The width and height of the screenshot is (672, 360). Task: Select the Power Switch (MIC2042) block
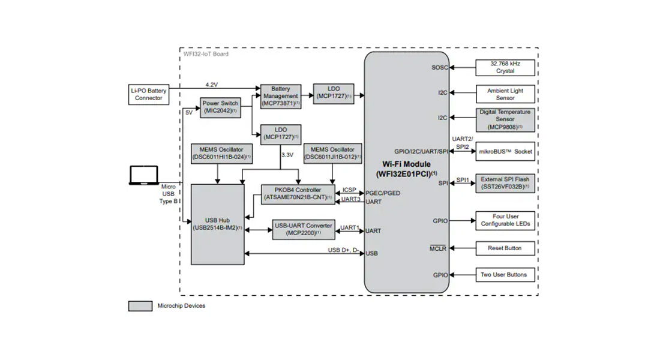pos(220,107)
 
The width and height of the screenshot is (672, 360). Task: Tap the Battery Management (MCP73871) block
pos(280,96)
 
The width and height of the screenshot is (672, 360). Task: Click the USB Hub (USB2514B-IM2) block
pos(217,224)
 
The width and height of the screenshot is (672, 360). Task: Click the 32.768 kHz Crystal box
pos(505,67)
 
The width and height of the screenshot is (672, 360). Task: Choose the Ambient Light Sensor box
pos(505,94)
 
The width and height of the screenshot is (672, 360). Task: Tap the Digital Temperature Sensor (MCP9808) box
pos(505,119)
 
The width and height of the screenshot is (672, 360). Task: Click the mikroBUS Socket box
pos(505,152)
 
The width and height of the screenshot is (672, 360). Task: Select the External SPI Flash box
pos(505,183)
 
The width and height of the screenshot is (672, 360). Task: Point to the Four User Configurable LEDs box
pos(505,220)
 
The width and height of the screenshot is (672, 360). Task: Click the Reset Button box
pos(505,248)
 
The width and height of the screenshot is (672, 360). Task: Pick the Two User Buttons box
pos(505,275)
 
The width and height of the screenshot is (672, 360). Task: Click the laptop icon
pos(144,176)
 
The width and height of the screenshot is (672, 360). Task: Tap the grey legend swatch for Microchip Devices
pos(140,306)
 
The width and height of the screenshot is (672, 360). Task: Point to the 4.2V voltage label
pos(212,85)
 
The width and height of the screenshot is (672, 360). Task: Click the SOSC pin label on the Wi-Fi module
pos(439,67)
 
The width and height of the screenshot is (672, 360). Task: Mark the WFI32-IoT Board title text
pos(206,54)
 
